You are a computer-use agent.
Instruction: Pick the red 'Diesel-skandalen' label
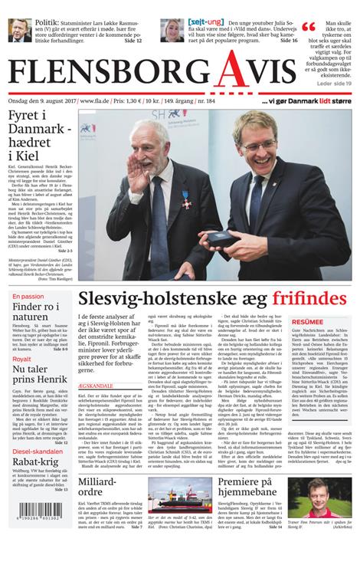[x=38, y=451]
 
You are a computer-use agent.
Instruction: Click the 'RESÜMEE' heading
[x=307, y=322]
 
